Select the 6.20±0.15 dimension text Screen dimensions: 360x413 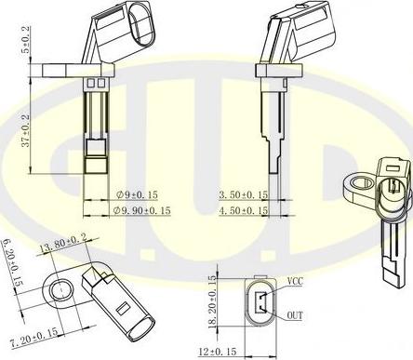point(9,262)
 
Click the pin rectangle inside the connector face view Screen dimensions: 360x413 point(259,302)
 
